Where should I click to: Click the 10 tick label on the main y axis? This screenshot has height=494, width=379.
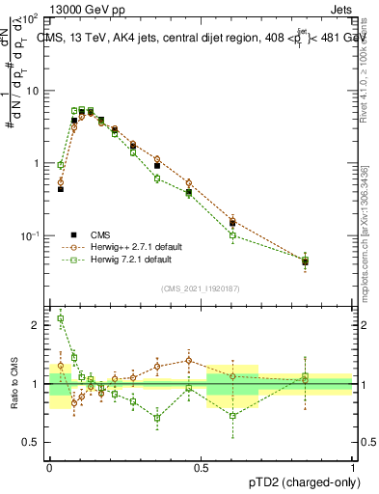tap(31, 91)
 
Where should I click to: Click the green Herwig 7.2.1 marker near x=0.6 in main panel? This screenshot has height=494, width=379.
tap(232, 234)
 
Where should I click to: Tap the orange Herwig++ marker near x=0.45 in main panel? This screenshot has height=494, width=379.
tap(189, 183)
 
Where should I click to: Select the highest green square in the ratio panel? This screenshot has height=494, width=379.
tap(61, 318)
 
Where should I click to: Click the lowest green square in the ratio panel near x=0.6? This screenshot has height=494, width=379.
tap(232, 416)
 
